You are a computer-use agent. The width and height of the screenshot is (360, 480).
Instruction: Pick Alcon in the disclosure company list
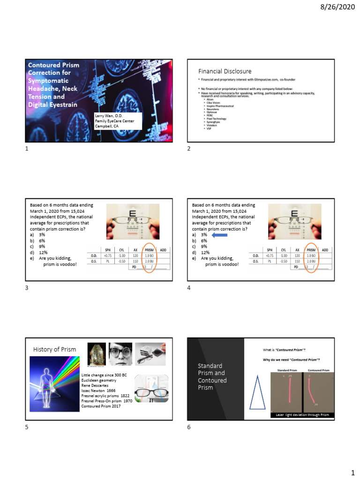pyautogui.click(x=210, y=100)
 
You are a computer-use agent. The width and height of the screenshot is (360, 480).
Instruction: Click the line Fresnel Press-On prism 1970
pyautogui.click(x=107, y=401)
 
